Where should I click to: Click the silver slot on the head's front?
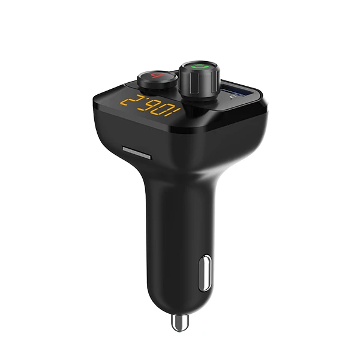(x=135, y=150)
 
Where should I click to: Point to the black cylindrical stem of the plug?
(x=174, y=240)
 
